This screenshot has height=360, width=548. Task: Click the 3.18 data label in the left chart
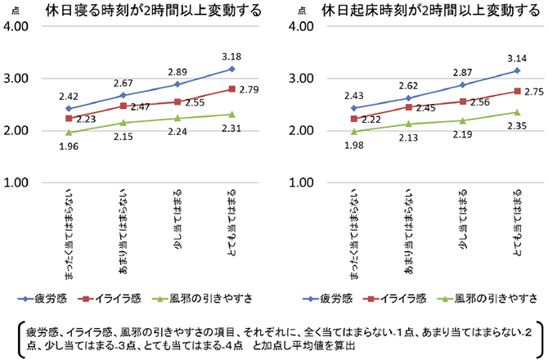[232, 56]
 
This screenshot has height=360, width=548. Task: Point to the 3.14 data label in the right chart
[515, 58]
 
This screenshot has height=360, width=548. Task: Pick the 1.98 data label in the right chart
[353, 146]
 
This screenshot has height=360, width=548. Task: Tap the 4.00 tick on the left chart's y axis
[19, 26]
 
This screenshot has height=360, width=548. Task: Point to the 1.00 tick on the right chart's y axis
[302, 182]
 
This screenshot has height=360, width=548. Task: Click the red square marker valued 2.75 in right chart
[515, 91]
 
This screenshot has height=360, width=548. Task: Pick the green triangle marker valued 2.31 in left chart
[232, 115]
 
